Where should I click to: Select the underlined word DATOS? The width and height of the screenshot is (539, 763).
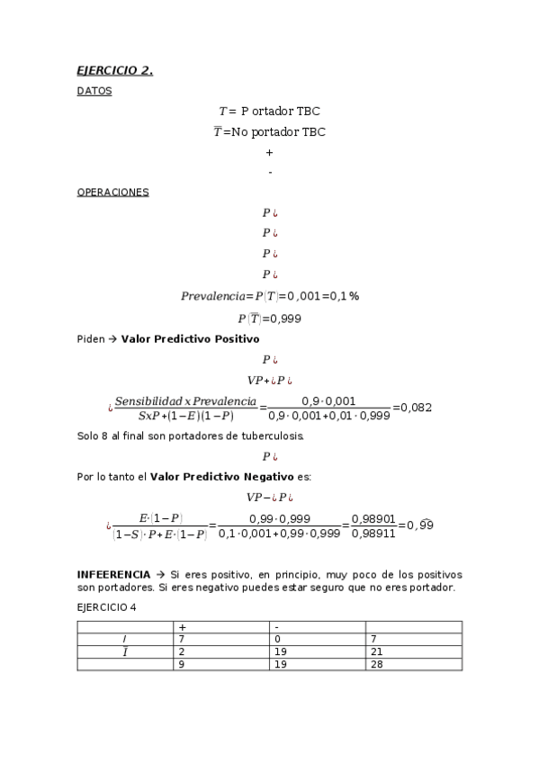point(94,91)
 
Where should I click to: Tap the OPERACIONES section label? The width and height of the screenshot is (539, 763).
point(112,193)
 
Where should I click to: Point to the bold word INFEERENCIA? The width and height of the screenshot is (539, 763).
point(112,574)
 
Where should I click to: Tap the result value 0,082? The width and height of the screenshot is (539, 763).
point(417,408)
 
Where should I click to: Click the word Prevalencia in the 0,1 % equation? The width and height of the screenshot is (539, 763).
point(214,296)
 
